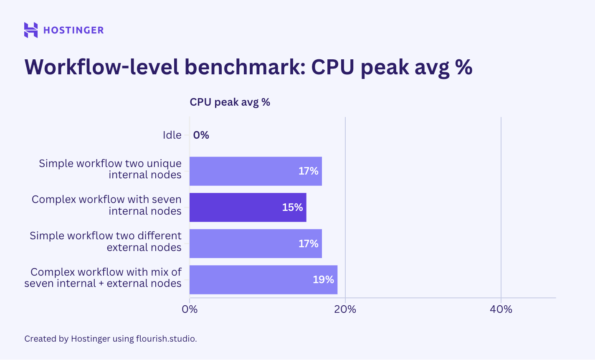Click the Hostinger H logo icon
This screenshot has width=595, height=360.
pos(31,30)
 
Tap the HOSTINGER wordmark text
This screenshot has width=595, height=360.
pos(73,30)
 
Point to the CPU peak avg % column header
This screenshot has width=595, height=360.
pos(230,102)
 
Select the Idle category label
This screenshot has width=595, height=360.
pos(172,135)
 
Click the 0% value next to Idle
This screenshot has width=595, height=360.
pos(201,135)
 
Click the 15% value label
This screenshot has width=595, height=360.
pos(292,207)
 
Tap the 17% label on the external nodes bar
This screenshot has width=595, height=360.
pos(308,243)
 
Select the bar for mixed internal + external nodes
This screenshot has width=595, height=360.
pos(251,279)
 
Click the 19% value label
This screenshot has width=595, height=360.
pos(323,279)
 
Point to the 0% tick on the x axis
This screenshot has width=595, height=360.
pos(190,309)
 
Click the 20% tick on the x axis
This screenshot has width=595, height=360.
pos(345,309)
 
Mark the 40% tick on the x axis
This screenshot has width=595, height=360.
pos(501,309)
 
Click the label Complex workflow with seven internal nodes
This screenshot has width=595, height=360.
pos(106,205)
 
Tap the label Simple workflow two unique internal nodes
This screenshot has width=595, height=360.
pos(110,169)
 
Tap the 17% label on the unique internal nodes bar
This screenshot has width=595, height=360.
pos(308,171)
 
